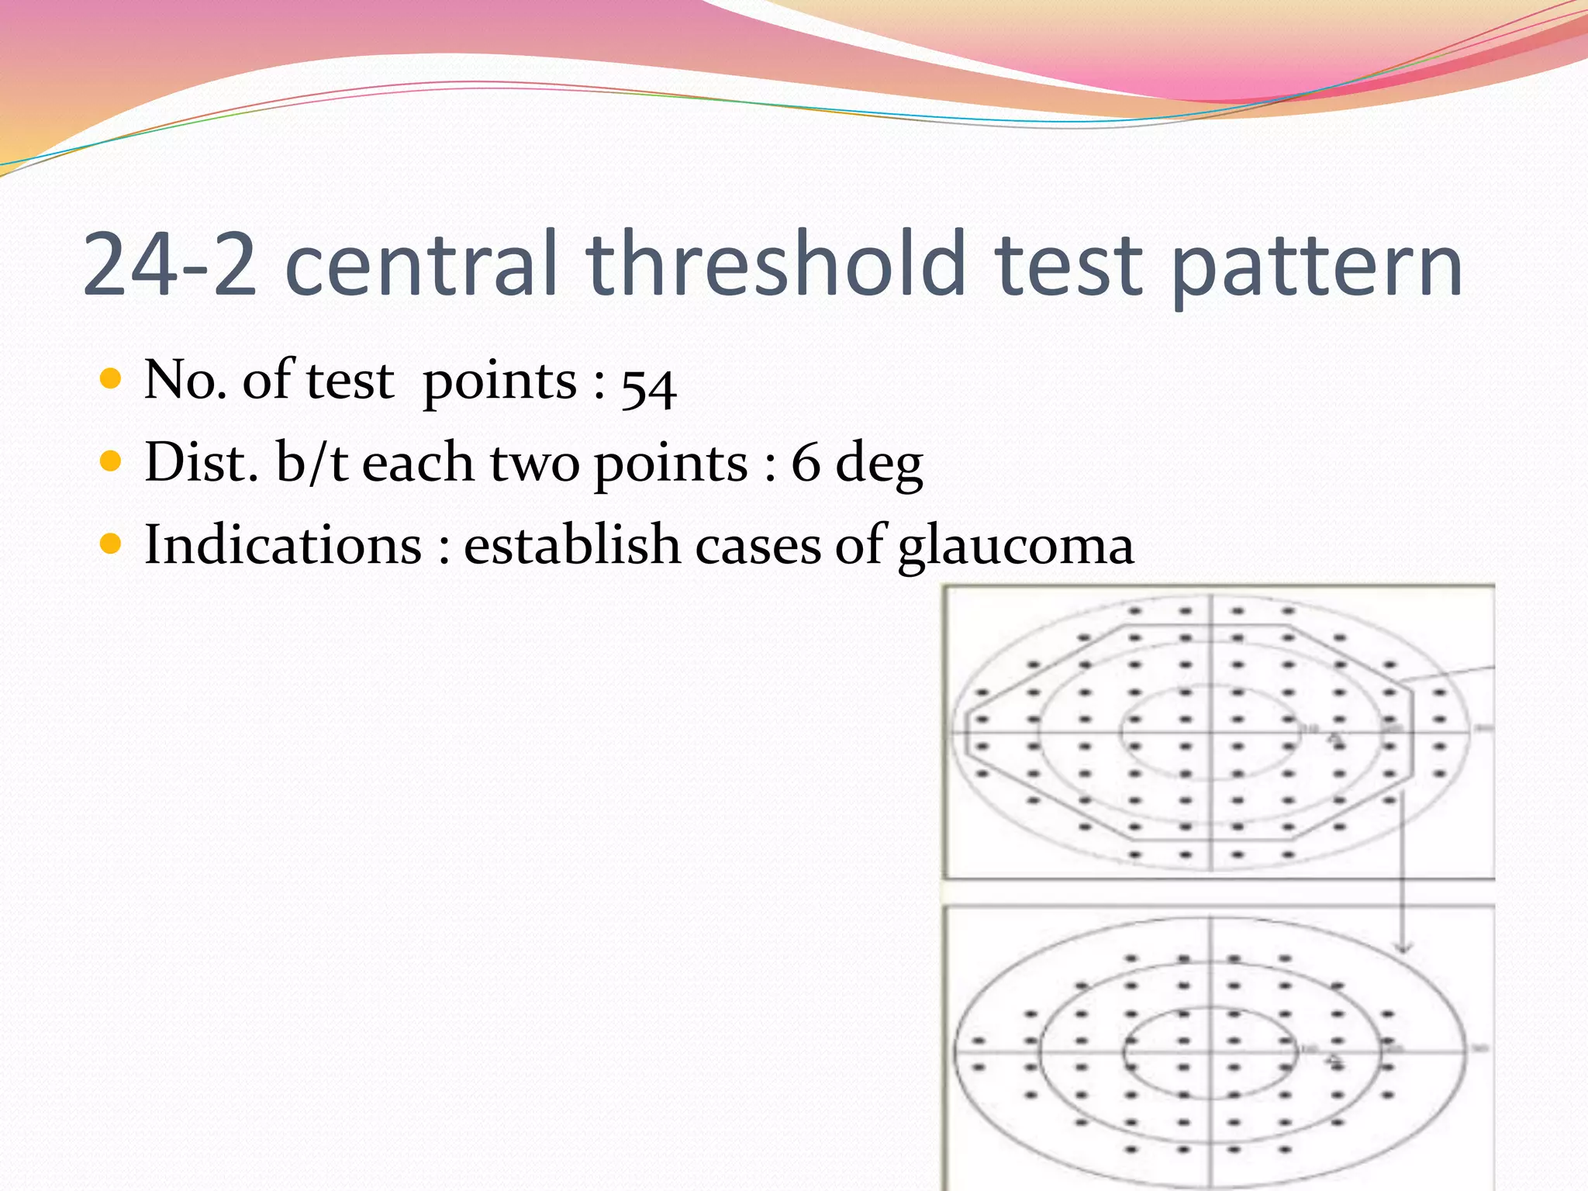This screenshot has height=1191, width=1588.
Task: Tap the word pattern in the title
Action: [x=1315, y=268]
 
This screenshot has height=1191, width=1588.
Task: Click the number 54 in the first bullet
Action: [x=648, y=386]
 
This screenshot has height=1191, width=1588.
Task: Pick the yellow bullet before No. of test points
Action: [x=112, y=379]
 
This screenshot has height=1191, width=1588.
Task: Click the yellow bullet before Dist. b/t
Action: [x=112, y=462]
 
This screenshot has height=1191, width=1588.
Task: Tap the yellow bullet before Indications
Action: [x=112, y=544]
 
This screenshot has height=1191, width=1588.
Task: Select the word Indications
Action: [x=283, y=544]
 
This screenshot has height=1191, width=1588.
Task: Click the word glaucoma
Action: [x=1016, y=547]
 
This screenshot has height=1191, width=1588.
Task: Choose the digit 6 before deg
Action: [x=806, y=463]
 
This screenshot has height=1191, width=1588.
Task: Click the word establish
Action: [x=571, y=544]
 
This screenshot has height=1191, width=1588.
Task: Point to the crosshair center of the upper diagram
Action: [x=1210, y=732]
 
